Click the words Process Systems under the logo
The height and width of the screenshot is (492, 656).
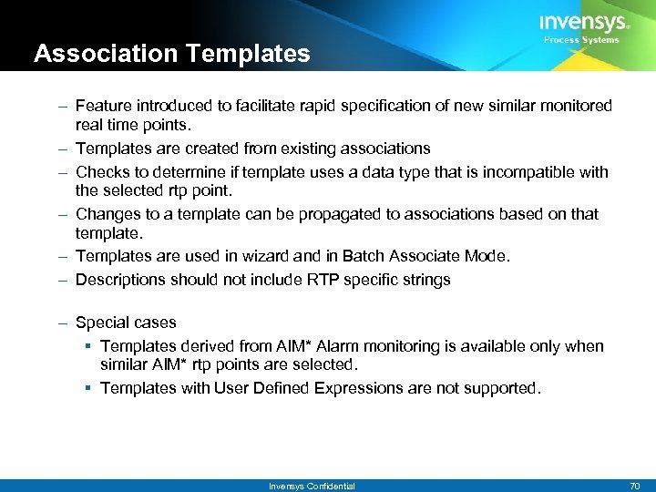coord(581,40)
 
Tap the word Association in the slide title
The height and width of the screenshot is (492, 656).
coord(95,54)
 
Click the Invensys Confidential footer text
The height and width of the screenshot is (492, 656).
coord(312,486)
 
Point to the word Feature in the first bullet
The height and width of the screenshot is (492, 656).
coord(102,106)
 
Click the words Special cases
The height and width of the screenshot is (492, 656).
coord(126,322)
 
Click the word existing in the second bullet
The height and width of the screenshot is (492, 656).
coord(305,148)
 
